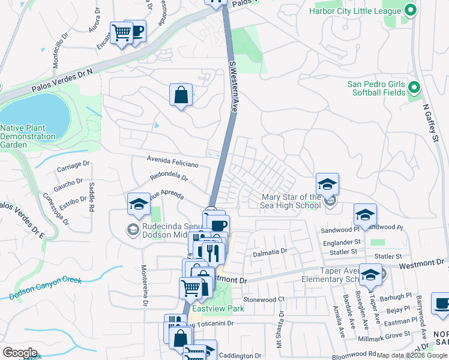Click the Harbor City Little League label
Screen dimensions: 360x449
pyautogui.click(x=355, y=11)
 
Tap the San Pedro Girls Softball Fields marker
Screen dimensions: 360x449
pyautogui.click(x=413, y=89)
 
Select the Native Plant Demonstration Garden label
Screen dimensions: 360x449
pyautogui.click(x=28, y=136)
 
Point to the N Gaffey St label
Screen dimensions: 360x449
pyautogui.click(x=429, y=123)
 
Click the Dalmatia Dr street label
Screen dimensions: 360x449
pyautogui.click(x=267, y=251)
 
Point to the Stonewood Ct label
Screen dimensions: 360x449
pyautogui.click(x=263, y=299)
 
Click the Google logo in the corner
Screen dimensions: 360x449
pyautogui.click(x=20, y=352)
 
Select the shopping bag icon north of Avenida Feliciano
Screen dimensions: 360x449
pyautogui.click(x=181, y=95)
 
